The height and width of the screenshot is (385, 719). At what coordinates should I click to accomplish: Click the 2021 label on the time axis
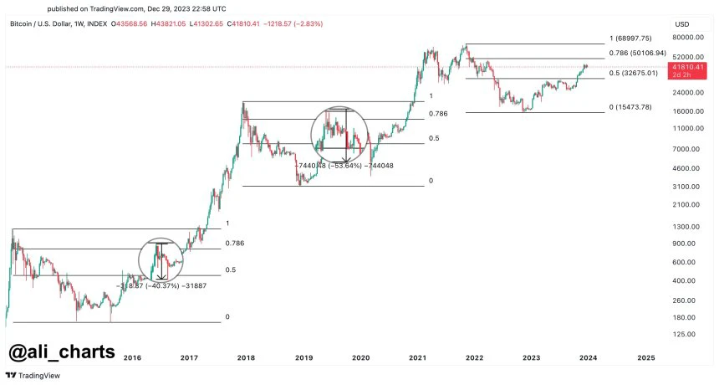coord(417,357)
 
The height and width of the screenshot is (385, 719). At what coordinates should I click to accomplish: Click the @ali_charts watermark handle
coord(62,352)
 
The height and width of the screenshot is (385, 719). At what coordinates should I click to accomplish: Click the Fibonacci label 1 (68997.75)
coord(638,38)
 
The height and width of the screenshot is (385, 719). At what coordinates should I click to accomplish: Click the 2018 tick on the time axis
coord(246,357)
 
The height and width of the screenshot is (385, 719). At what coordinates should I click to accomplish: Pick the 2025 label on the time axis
coord(645,357)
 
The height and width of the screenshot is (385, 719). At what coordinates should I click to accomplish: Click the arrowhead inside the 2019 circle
coord(345,157)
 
